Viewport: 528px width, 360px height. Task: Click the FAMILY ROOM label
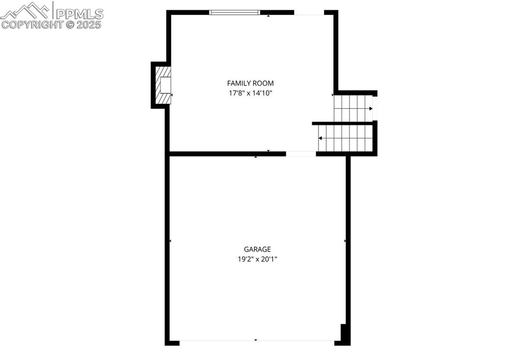pos(250,83)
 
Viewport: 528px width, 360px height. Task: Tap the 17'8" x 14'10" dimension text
pos(250,93)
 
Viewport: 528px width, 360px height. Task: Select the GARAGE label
pos(258,249)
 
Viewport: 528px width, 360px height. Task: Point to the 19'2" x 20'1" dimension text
pos(258,259)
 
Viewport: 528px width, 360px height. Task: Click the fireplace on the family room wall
pos(164,85)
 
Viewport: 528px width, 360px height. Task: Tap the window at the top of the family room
pos(234,12)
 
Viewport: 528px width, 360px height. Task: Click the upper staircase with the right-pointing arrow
pos(353,108)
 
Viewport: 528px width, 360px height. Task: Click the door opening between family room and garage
pos(301,154)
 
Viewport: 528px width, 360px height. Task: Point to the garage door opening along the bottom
pos(257,341)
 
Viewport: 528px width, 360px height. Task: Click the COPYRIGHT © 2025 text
pos(52,24)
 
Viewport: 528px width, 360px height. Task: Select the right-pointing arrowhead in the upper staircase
pos(371,108)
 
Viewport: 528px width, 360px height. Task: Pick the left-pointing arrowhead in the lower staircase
pos(321,138)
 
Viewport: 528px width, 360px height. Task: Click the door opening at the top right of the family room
pos(309,13)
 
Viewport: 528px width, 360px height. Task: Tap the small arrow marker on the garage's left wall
pos(170,241)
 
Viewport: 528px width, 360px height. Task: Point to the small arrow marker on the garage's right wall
pos(345,241)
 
